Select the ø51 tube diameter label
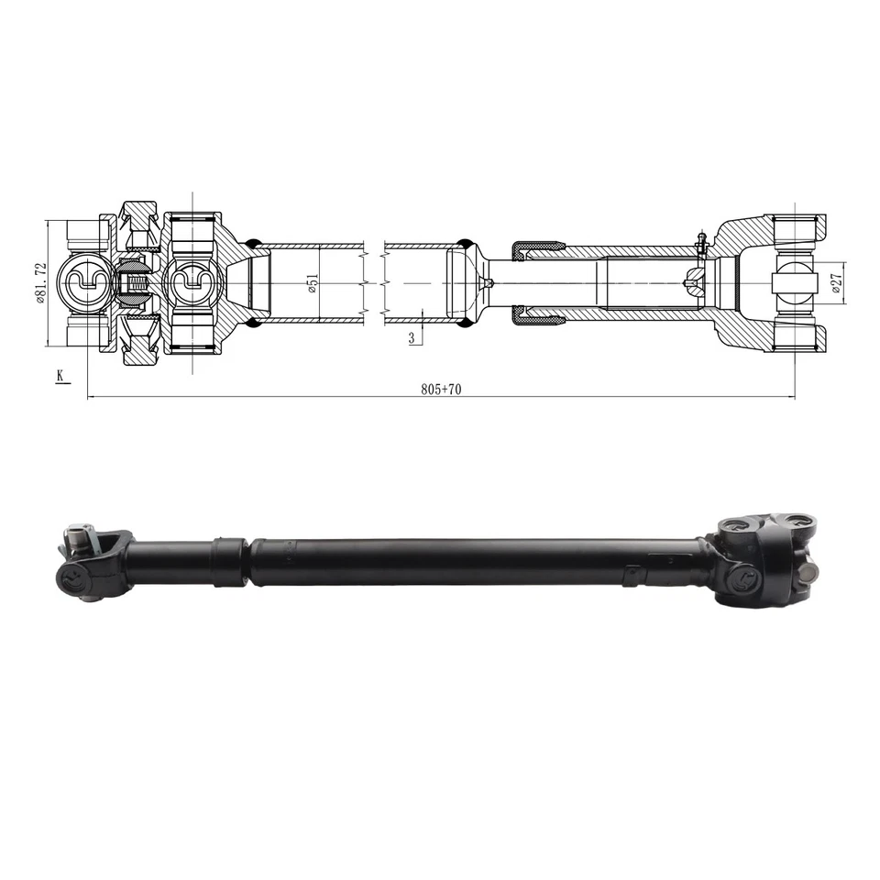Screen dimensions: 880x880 click(x=313, y=283)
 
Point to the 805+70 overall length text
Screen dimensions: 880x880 click(x=441, y=389)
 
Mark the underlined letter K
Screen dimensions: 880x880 click(x=60, y=375)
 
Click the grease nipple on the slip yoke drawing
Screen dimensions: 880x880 click(x=699, y=243)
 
